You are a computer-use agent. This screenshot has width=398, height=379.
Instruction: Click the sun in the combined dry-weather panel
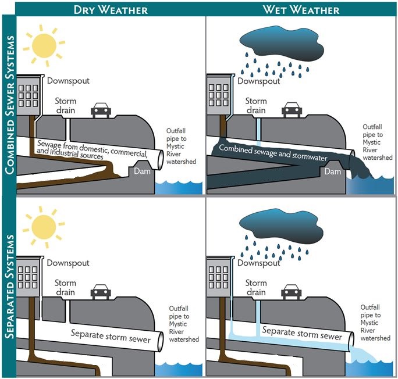pos(45,44)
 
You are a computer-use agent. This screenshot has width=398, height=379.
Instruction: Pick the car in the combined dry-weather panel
pos(100,110)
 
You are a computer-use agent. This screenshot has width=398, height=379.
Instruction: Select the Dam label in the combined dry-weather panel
pos(141,171)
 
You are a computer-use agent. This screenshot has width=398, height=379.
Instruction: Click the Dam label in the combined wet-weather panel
pos(332,171)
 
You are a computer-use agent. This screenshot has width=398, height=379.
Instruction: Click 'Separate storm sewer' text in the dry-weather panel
pos(110,335)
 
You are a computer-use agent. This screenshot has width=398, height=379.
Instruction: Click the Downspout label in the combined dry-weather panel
pos(68,81)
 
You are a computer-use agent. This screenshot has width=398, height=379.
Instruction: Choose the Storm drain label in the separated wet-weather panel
pos(256,288)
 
